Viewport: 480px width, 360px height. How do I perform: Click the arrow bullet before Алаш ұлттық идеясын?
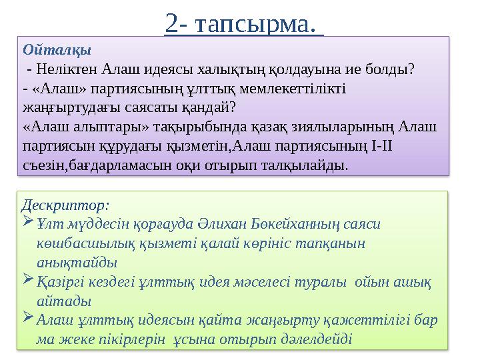tap(29, 319)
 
